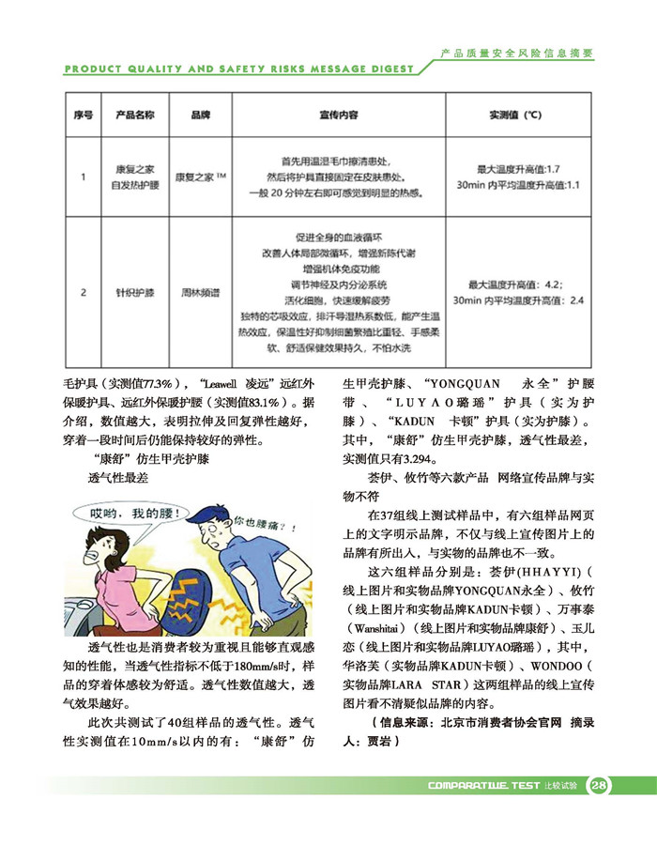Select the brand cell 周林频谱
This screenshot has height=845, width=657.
[x=200, y=293]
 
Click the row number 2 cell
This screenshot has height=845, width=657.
[x=83, y=293]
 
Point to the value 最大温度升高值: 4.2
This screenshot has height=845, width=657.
[x=516, y=284]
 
